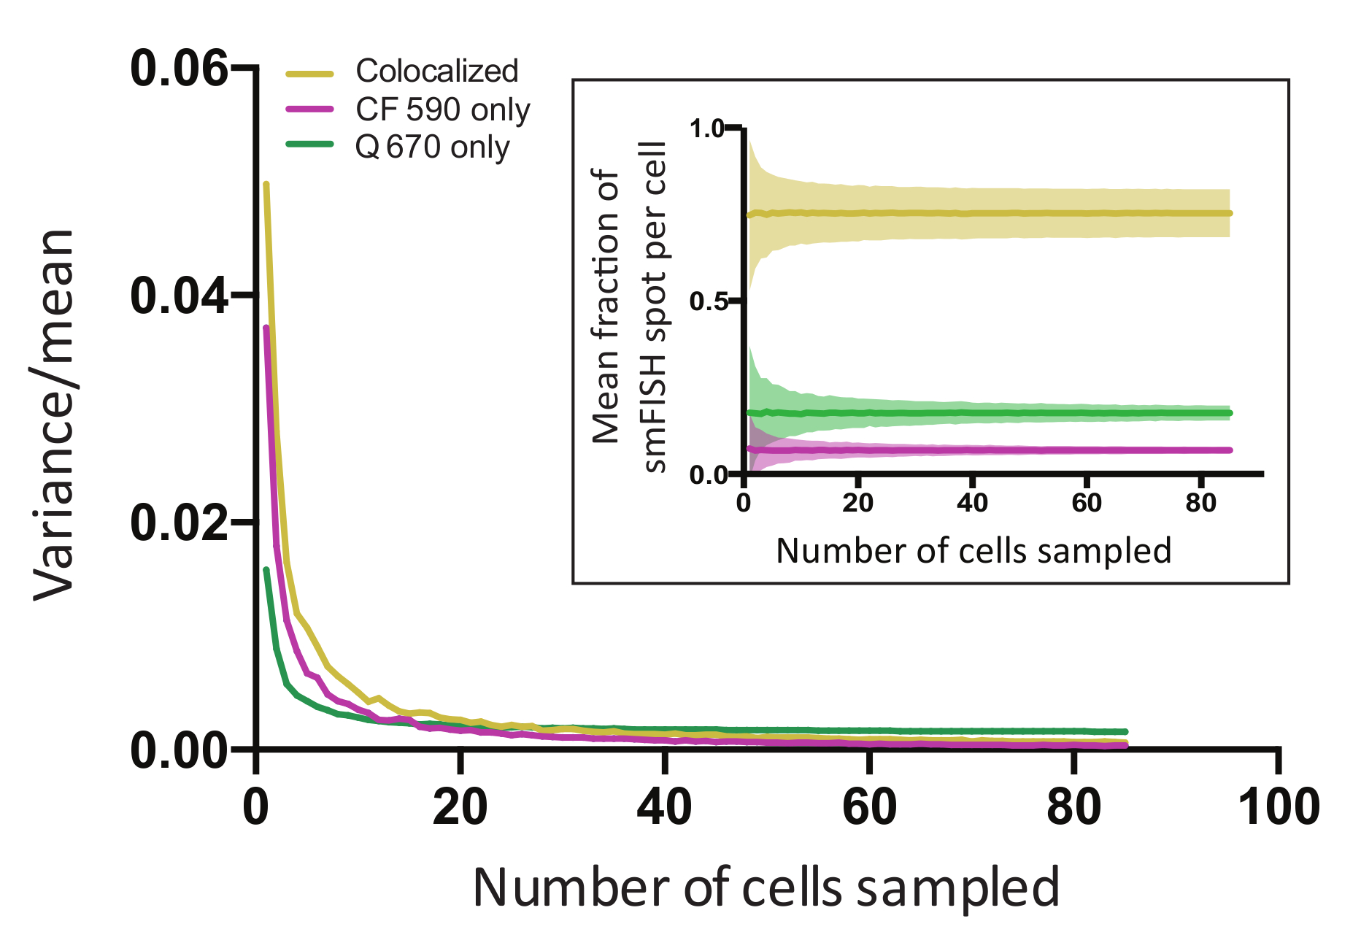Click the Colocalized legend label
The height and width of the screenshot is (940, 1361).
point(436,72)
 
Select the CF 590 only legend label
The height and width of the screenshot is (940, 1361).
point(442,109)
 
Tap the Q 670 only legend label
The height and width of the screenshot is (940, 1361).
point(432,147)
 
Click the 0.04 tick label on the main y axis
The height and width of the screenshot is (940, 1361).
point(179,296)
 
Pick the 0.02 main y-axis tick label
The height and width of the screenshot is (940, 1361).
point(179,523)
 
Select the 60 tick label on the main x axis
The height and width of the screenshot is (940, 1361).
point(869,807)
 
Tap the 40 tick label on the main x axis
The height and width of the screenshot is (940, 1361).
point(664,807)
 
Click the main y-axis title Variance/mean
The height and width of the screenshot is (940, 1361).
point(54,416)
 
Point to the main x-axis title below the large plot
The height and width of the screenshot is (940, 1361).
point(766,887)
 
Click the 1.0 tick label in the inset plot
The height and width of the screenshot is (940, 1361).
point(705,129)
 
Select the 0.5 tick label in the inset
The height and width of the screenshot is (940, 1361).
point(705,301)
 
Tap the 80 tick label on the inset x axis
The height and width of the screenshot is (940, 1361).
point(1200,503)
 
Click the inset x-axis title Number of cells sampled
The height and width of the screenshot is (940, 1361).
point(973,550)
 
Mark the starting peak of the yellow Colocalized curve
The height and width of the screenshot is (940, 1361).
point(266,185)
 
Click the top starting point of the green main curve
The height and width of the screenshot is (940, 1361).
point(266,569)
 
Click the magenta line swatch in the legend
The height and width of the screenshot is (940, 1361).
point(309,109)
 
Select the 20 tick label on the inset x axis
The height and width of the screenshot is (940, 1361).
point(857,503)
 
